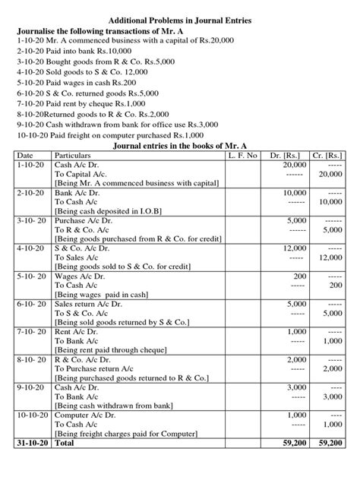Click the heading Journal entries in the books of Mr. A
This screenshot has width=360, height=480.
(180, 145)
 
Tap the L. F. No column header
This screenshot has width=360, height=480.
(243, 155)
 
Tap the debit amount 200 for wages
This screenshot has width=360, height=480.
(299, 276)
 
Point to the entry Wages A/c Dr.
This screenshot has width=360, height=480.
(81, 276)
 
